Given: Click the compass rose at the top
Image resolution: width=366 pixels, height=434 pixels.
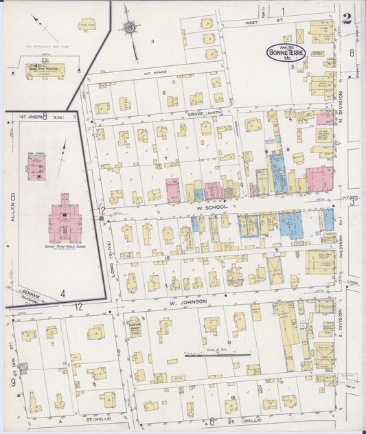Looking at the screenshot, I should point(130,27).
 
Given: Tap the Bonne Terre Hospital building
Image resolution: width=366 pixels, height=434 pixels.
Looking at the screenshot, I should point(45,70).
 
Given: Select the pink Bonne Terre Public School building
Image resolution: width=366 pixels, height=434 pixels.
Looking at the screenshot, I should point(65,221).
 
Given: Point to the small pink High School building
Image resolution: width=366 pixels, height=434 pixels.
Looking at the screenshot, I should point(36,167).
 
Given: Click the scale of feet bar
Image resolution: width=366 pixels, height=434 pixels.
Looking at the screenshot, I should point(217,355).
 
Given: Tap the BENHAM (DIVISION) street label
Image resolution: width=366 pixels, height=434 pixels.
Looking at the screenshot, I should point(31,296).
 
